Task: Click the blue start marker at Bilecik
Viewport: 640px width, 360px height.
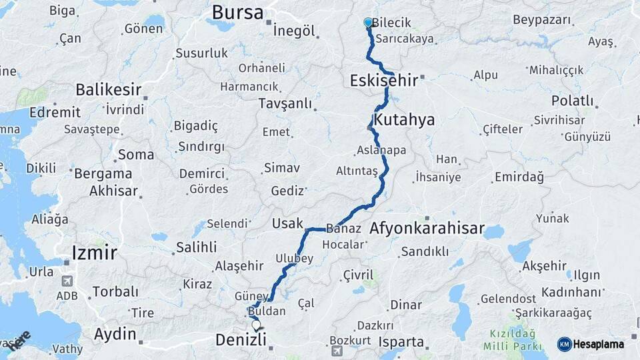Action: pyautogui.click(x=368, y=22)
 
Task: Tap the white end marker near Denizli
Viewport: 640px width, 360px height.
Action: pyautogui.click(x=256, y=325)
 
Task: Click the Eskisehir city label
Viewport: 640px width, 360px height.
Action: pyautogui.click(x=383, y=81)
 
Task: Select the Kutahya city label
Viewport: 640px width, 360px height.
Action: pyautogui.click(x=404, y=120)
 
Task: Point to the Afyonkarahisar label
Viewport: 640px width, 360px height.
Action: pyautogui.click(x=427, y=228)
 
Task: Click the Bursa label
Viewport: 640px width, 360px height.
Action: pyautogui.click(x=237, y=12)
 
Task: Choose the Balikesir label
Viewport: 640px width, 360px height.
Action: pyautogui.click(x=109, y=89)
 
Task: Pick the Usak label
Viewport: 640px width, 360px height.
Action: pyautogui.click(x=288, y=223)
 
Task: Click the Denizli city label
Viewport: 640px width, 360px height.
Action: pyautogui.click(x=241, y=340)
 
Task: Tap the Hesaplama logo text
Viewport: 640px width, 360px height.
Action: pyautogui.click(x=600, y=344)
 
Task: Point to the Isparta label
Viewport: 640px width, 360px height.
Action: pyautogui.click(x=401, y=342)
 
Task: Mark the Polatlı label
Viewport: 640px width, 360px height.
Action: pyautogui.click(x=572, y=101)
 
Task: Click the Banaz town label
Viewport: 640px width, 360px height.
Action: pyautogui.click(x=344, y=228)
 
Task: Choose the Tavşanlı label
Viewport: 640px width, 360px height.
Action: pyautogui.click(x=285, y=103)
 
